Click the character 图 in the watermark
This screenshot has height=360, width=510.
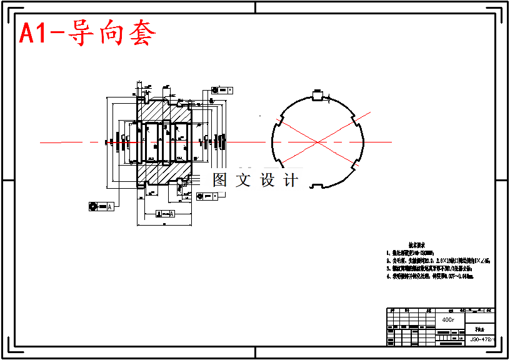pos(220,180)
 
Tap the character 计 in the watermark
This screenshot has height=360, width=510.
pos(291,180)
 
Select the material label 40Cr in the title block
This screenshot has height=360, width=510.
pos(448,319)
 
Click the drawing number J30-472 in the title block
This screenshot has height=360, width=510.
pos(482,339)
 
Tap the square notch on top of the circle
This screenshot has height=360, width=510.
pos(317,95)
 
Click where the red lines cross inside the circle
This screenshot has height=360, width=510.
pos(318,143)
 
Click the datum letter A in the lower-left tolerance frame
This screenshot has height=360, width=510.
pos(110,206)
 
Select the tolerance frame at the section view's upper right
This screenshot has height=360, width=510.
pos(222,91)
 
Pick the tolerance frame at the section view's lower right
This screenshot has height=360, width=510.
pos(207,197)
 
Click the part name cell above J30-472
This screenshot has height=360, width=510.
pos(482,327)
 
